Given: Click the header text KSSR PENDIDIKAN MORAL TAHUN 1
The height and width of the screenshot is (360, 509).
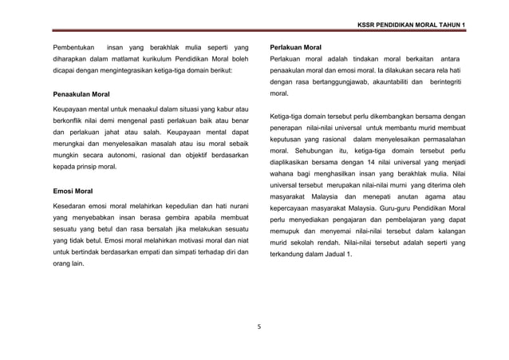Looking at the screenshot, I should (415, 25).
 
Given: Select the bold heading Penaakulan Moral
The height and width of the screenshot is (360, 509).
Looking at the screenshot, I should (81, 94).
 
